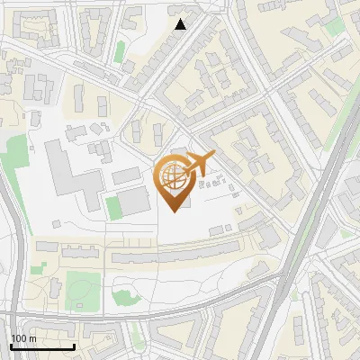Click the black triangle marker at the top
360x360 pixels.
[181, 24]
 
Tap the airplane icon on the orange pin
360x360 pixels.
[199, 164]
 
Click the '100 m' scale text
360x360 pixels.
[24, 338]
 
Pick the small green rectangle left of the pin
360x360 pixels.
[112, 206]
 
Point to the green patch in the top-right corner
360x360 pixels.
[336, 27]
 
